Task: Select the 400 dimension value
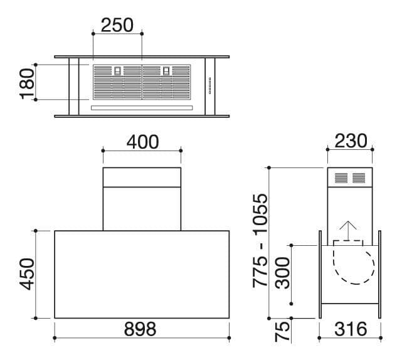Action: click(142, 142)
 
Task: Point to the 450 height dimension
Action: click(26, 274)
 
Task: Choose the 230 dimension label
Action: click(350, 141)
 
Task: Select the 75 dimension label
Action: click(283, 331)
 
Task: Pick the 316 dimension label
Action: click(350, 328)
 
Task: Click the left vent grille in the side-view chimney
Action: click(339, 177)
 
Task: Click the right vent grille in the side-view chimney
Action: click(359, 177)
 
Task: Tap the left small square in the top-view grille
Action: click(118, 71)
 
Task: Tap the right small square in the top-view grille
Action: click(166, 71)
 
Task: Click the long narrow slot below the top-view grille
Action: click(141, 107)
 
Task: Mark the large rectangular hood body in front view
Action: click(142, 274)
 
